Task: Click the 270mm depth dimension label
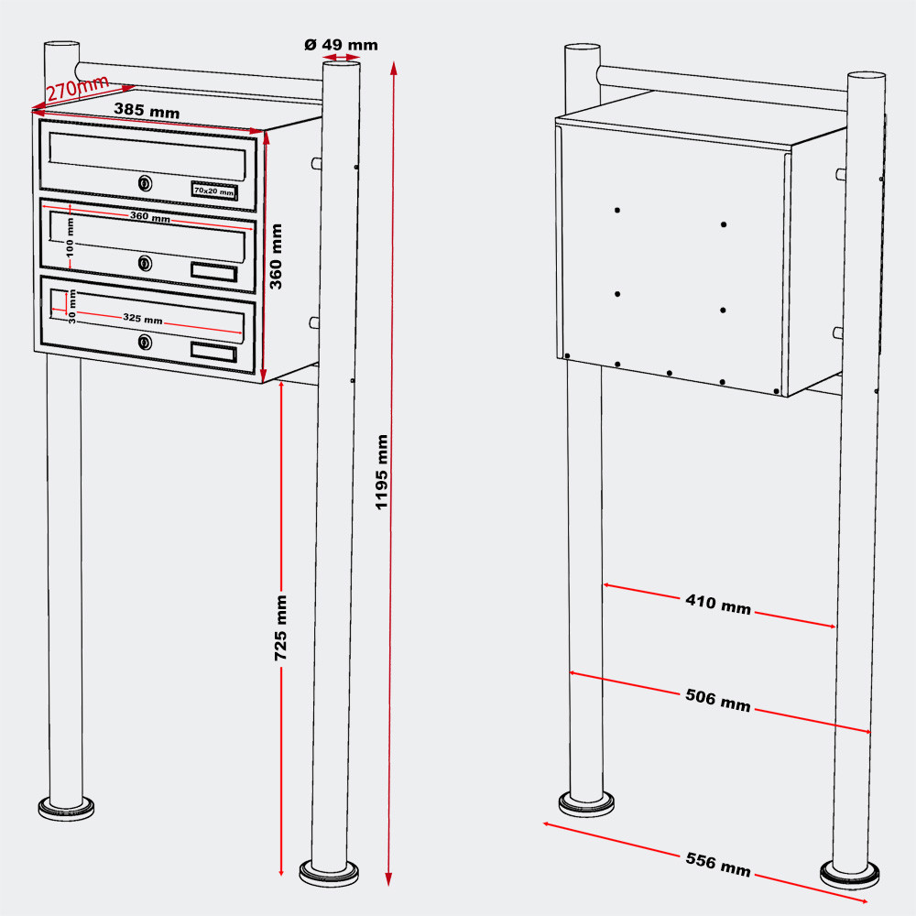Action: pyautogui.click(x=77, y=88)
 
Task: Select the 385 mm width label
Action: pyautogui.click(x=147, y=110)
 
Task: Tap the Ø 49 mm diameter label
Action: pyautogui.click(x=340, y=44)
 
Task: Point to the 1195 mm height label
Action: pyautogui.click(x=383, y=472)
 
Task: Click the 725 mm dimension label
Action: pyautogui.click(x=281, y=627)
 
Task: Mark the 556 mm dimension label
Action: pyautogui.click(x=718, y=864)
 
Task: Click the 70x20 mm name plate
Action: pyautogui.click(x=214, y=191)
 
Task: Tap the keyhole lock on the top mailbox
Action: pyautogui.click(x=145, y=184)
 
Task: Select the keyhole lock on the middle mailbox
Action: pyautogui.click(x=145, y=264)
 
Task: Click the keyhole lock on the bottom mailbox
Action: pyautogui.click(x=145, y=343)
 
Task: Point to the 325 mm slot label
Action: pyautogui.click(x=143, y=320)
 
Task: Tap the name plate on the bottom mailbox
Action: pyautogui.click(x=213, y=351)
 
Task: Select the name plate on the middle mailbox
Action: pyautogui.click(x=213, y=272)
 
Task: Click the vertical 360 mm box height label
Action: pyautogui.click(x=276, y=256)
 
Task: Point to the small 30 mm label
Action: pyautogui.click(x=71, y=304)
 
